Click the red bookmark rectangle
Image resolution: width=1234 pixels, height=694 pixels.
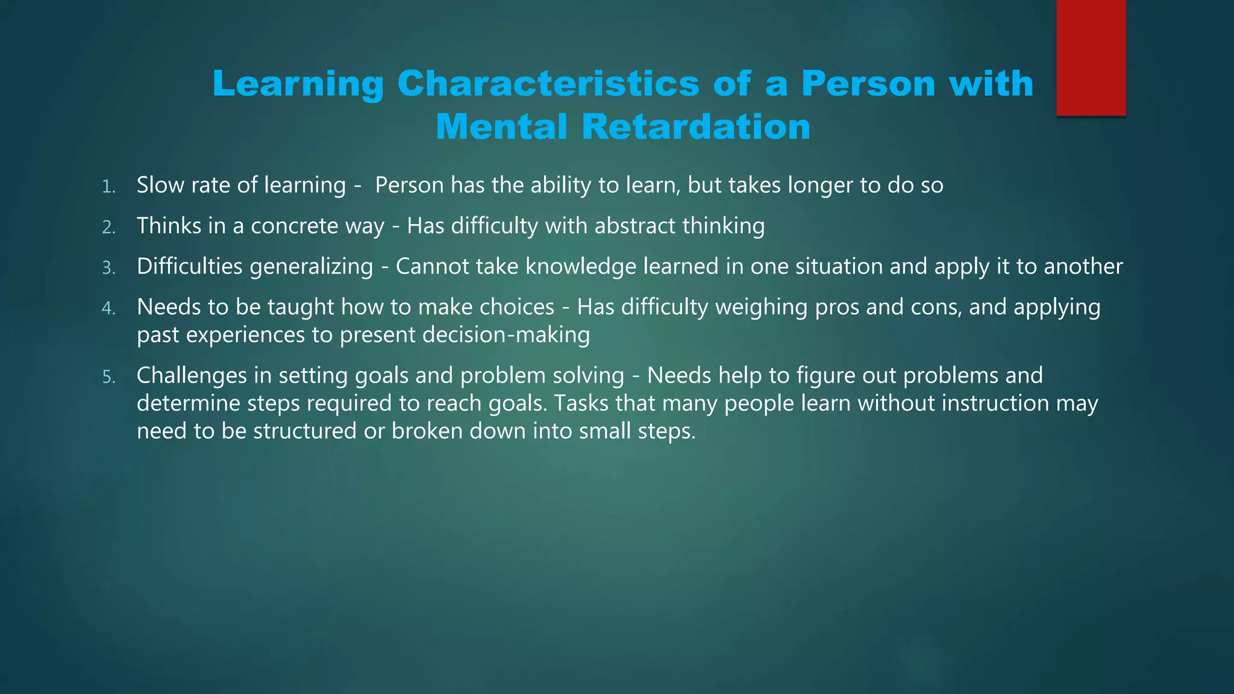click(x=1091, y=58)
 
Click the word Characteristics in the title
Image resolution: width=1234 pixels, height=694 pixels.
click(x=548, y=83)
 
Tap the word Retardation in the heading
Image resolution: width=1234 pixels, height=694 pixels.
click(x=696, y=127)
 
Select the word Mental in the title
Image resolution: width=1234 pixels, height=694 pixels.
click(x=501, y=127)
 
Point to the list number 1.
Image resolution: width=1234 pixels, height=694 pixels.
click(x=108, y=187)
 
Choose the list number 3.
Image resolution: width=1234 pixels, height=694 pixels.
click(x=108, y=268)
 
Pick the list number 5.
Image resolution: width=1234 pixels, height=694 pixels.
click(x=108, y=377)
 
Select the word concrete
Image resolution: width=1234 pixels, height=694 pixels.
click(x=294, y=226)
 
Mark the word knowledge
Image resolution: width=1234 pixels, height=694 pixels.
click(x=580, y=267)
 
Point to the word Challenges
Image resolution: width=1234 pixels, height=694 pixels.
click(x=192, y=376)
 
